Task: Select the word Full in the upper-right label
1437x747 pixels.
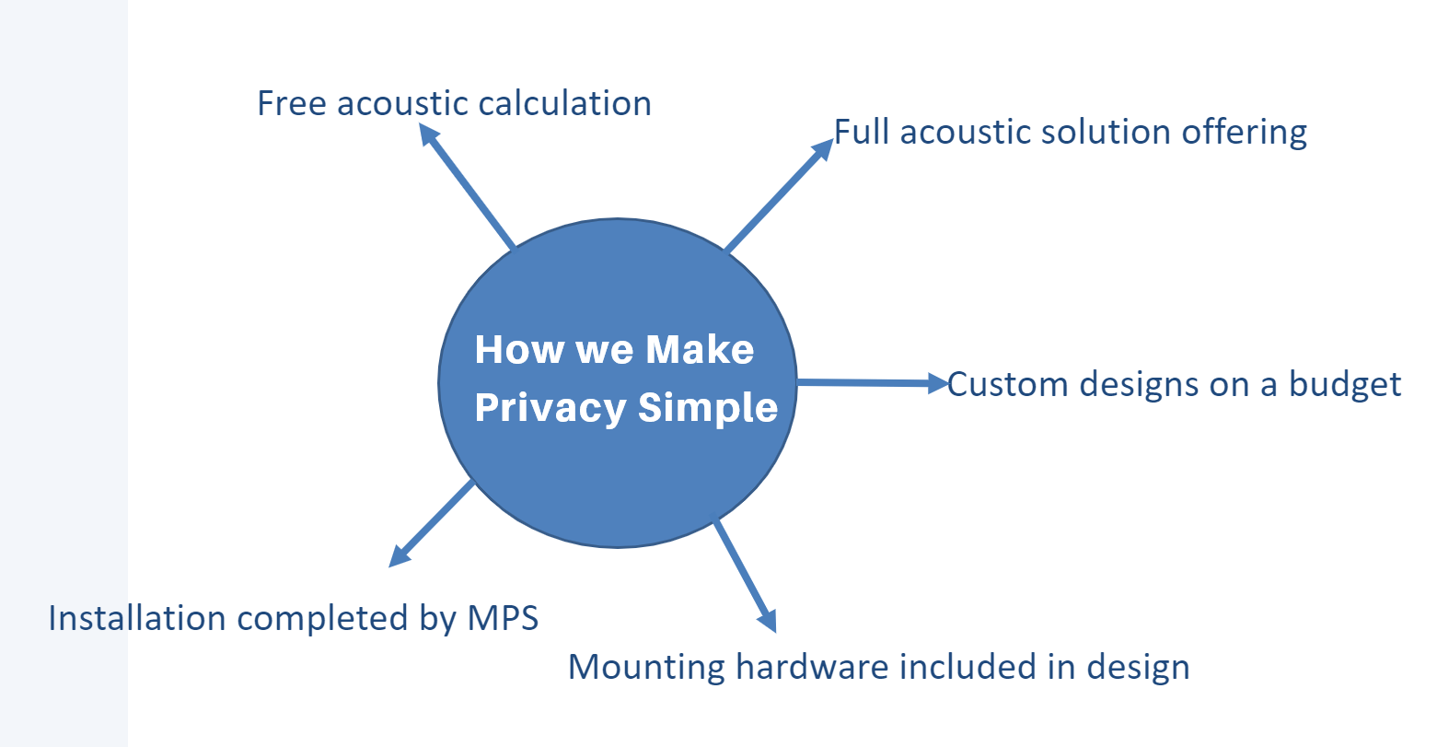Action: pyautogui.click(x=863, y=132)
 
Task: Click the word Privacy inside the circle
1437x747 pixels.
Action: pyautogui.click(x=550, y=408)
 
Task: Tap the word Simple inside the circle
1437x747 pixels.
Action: pyautogui.click(x=708, y=407)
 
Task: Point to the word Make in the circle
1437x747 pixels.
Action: pyautogui.click(x=700, y=350)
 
